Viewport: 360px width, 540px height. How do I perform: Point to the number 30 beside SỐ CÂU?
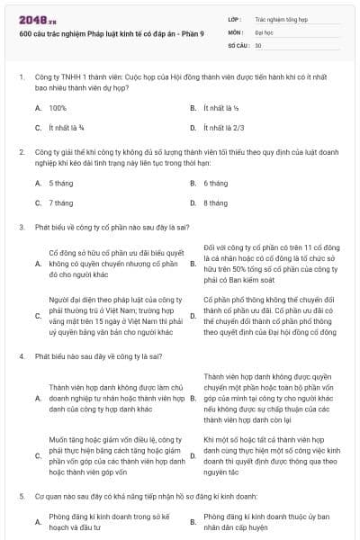tap(258, 45)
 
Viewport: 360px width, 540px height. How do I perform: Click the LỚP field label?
tap(235, 18)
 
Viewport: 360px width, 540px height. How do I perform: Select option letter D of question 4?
tap(193, 456)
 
